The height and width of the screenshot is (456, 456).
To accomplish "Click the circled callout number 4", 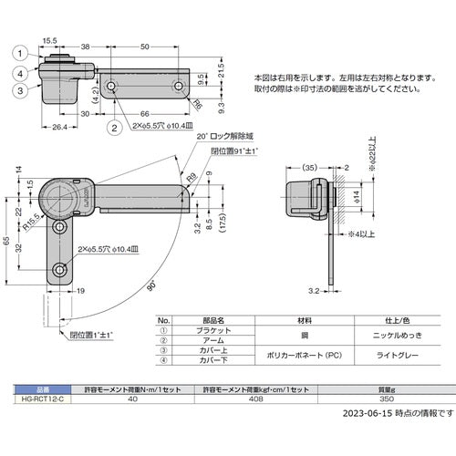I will point(18,74).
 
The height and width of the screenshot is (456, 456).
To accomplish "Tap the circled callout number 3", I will point(18,90).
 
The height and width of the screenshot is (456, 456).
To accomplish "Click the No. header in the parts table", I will point(165,320).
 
